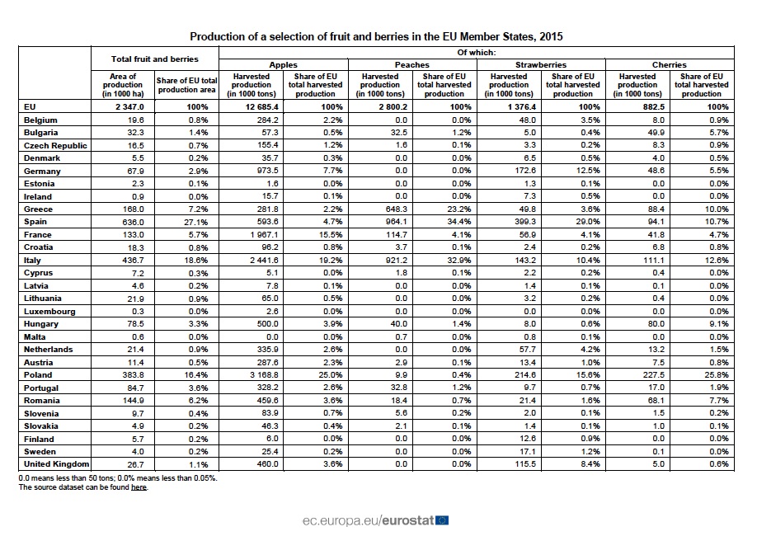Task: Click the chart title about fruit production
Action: coord(377,36)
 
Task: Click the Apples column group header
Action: coord(284,64)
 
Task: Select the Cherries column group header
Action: coord(669,64)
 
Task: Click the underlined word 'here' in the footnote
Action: coord(139,487)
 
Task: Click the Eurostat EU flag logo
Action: coord(442,520)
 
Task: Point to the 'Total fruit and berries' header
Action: coord(154,59)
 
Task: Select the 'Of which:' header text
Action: coord(477,52)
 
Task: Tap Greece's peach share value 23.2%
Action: coord(458,209)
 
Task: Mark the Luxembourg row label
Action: coord(49,311)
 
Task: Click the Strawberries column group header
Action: coord(541,64)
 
